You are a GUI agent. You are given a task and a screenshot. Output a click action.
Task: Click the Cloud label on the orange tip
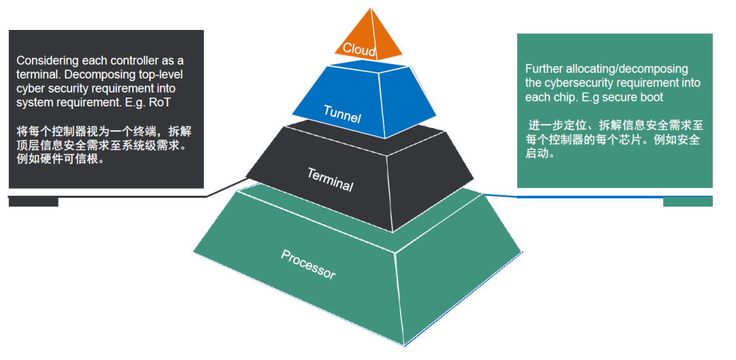coord(358,48)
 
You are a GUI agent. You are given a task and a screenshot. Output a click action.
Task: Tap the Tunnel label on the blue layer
coord(342,114)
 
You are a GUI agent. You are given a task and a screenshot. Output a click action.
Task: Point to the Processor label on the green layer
coord(308,263)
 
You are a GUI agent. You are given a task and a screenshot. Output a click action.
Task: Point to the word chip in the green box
coord(562,97)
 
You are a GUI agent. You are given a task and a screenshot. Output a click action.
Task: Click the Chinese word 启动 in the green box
coord(536,153)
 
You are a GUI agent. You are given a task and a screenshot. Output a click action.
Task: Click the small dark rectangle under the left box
coord(33,202)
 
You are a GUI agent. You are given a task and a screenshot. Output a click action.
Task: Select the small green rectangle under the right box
coord(688,202)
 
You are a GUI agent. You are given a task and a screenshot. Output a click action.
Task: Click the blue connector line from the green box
coord(579,197)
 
